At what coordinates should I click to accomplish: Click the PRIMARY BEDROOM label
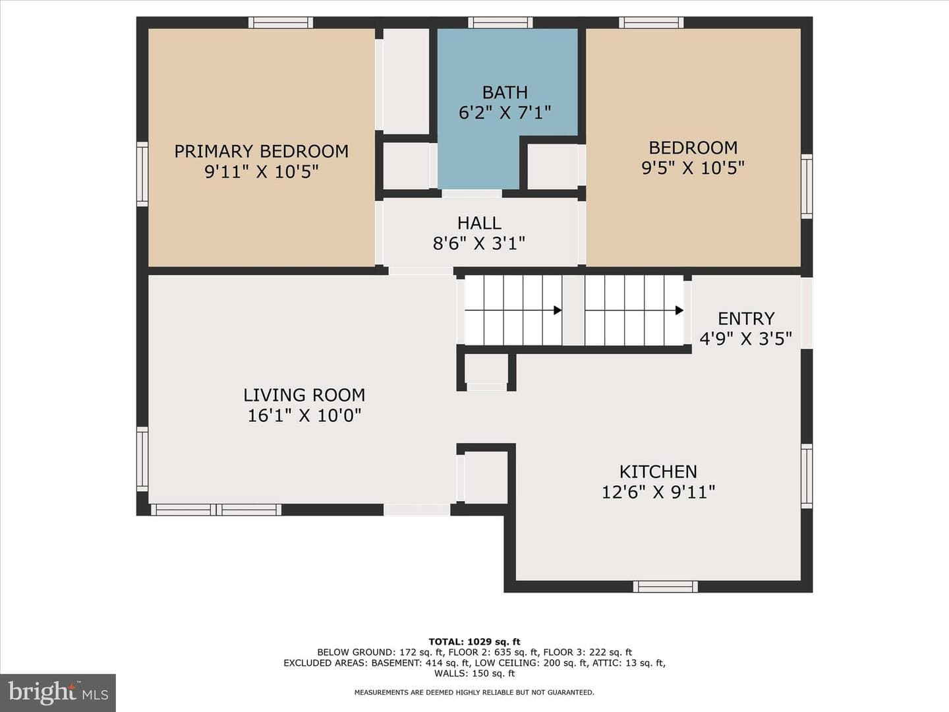click(261, 152)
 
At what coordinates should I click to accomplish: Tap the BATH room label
click(505, 92)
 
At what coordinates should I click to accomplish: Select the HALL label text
click(479, 223)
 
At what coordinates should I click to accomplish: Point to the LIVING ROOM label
click(304, 395)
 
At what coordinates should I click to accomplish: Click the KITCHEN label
click(658, 471)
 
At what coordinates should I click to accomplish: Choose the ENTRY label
click(746, 318)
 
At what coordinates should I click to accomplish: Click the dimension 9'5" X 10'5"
click(693, 167)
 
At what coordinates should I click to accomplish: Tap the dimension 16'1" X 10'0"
click(304, 416)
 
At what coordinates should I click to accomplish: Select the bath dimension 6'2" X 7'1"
click(505, 113)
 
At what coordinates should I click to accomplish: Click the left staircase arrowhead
click(558, 310)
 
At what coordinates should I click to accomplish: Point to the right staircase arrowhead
click(679, 310)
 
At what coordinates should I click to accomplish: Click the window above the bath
click(500, 22)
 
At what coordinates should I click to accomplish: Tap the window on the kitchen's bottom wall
click(666, 587)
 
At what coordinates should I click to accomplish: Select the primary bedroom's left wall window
click(142, 174)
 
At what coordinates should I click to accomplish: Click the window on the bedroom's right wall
click(807, 187)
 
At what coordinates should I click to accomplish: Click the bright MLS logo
click(58, 692)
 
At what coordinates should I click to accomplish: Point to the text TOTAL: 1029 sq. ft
click(474, 641)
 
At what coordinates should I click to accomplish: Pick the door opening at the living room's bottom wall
click(417, 510)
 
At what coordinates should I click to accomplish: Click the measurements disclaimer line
click(474, 692)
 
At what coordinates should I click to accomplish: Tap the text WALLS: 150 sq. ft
click(474, 673)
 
